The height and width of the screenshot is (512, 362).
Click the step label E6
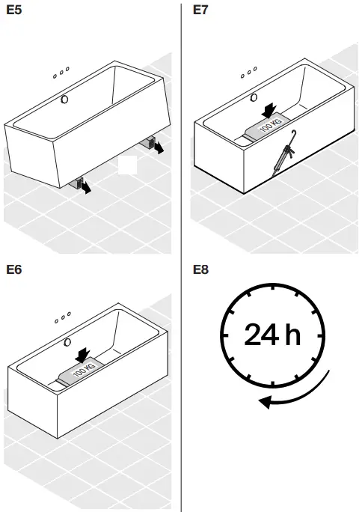(15, 269)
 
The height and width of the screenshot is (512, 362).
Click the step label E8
(202, 269)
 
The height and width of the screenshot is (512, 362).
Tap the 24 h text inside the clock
(271, 335)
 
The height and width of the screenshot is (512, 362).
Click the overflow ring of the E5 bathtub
(65, 99)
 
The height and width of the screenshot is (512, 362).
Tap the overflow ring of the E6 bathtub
(68, 342)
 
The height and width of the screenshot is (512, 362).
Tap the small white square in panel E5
(127, 165)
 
